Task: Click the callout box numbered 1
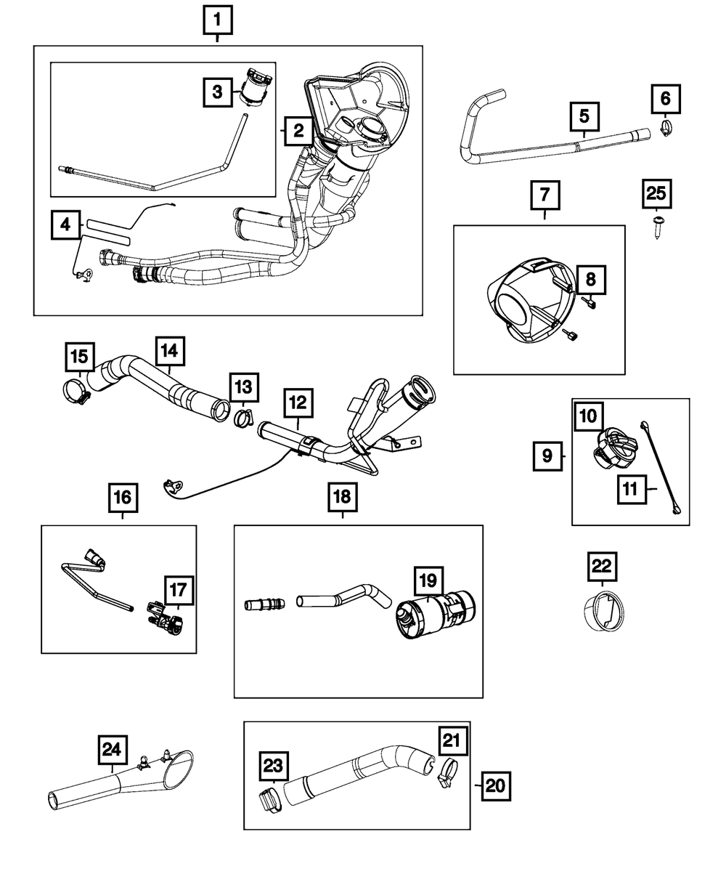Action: point(218,21)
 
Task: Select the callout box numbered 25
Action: point(656,195)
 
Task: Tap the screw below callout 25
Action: point(658,227)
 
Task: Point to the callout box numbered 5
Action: point(584,116)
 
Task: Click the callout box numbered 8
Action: point(590,279)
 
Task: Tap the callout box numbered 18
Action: point(340,496)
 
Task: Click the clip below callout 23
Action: point(269,802)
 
